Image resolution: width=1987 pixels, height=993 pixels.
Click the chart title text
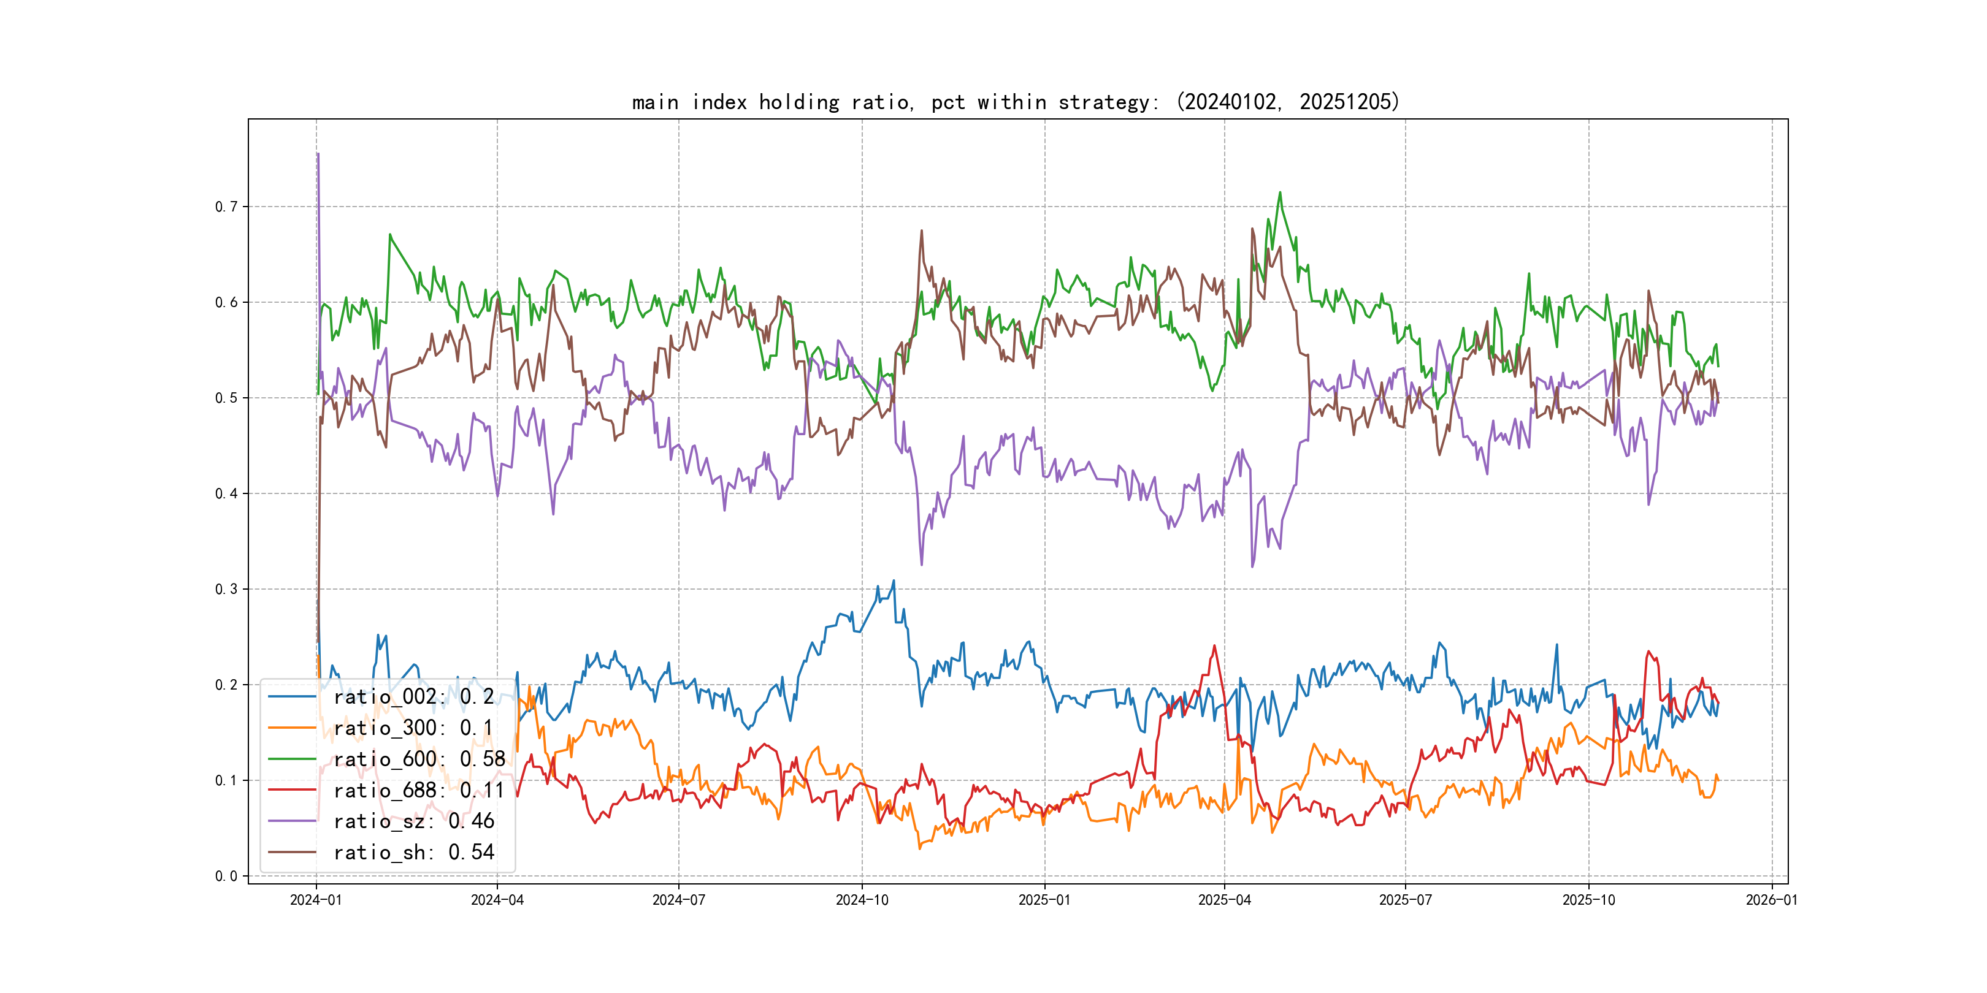(1015, 102)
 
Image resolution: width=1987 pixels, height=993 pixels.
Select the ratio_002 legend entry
(413, 697)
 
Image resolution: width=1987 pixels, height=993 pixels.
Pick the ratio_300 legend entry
(412, 728)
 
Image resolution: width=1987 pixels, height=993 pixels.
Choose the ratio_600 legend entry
(419, 759)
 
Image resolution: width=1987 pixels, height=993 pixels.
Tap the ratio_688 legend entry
(418, 790)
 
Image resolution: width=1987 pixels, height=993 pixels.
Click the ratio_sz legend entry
(413, 821)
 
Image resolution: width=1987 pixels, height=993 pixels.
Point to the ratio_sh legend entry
(413, 853)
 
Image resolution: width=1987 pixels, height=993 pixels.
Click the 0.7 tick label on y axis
(226, 207)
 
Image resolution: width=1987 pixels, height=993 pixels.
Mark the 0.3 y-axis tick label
(226, 589)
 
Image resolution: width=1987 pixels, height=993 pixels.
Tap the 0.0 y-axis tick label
(226, 876)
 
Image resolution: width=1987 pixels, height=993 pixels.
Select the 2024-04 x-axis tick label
(497, 900)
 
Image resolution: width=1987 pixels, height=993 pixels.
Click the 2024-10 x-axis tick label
(862, 900)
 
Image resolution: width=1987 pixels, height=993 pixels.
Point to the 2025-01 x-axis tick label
(1044, 900)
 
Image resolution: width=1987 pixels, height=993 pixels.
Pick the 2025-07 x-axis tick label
(1404, 900)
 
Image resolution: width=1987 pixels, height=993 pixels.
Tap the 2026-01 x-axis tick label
(1771, 900)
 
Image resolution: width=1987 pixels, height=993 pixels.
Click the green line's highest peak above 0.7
(1280, 192)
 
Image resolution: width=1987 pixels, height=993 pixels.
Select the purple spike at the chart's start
(318, 154)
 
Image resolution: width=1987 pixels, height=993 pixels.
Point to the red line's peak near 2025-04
(1214, 646)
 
